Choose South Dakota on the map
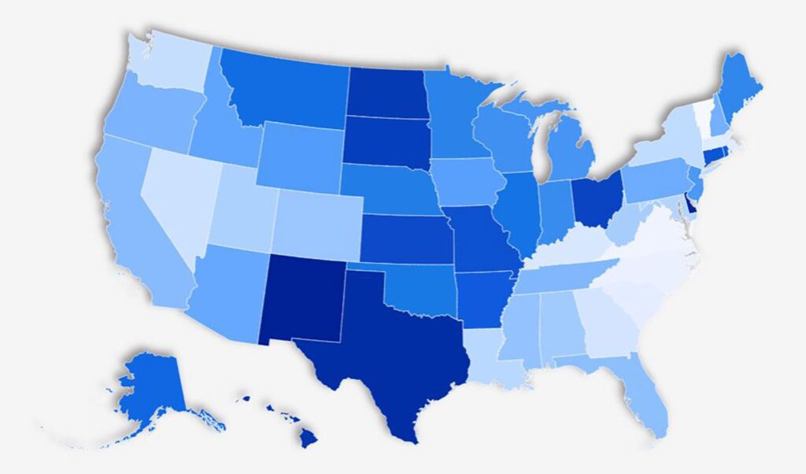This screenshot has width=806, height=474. pyautogui.click(x=386, y=142)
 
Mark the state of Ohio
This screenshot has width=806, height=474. pyautogui.click(x=597, y=201)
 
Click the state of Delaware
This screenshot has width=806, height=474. pyautogui.click(x=690, y=203)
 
